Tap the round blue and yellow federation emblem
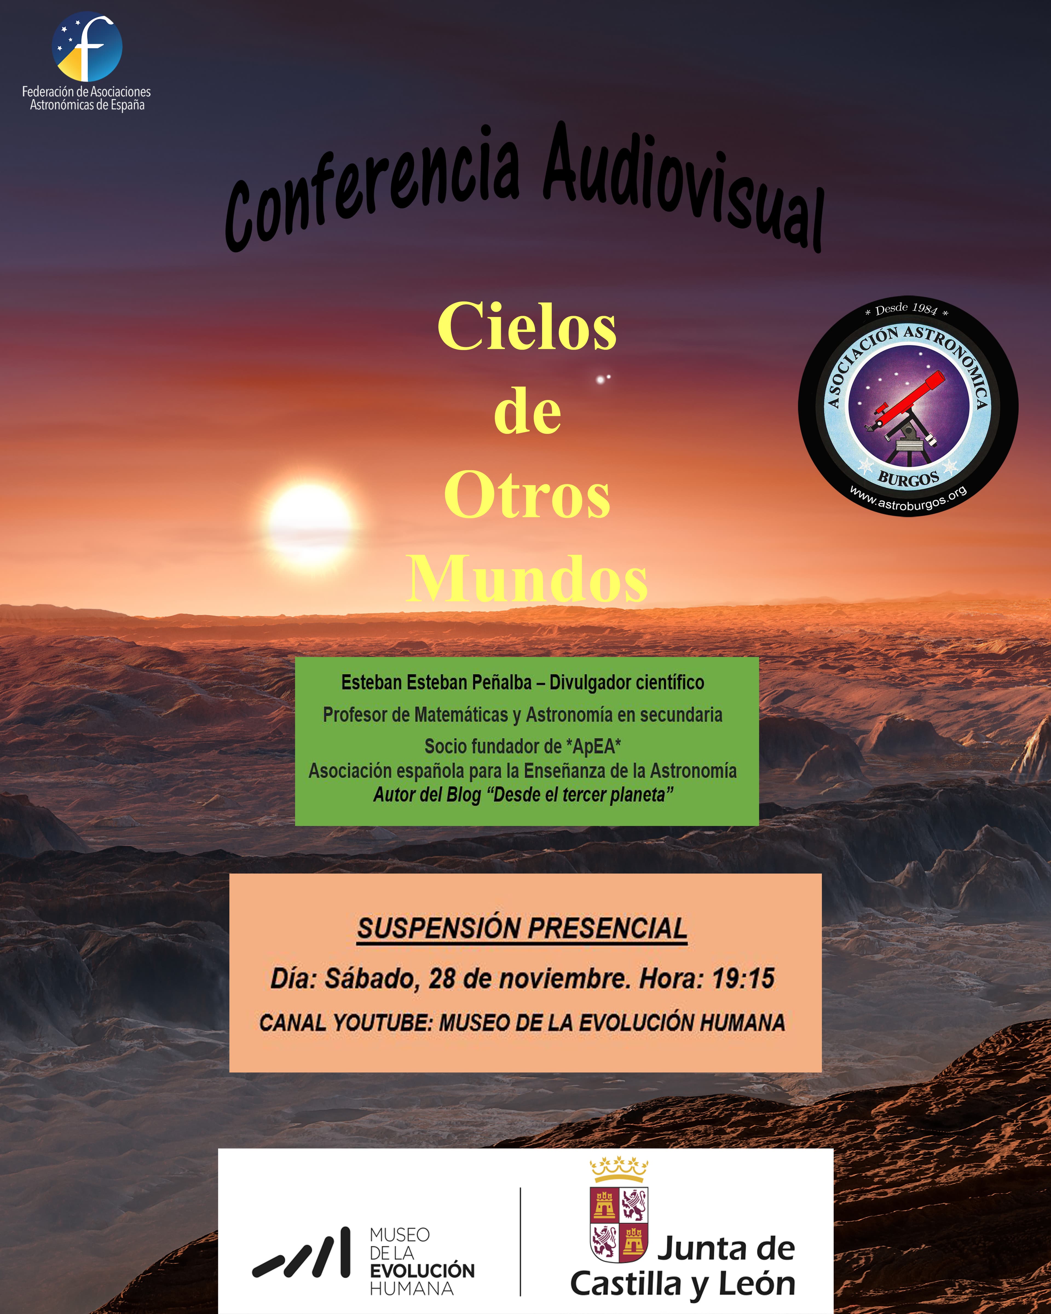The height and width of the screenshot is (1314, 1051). [x=87, y=47]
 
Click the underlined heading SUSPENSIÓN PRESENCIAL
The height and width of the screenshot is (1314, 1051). [x=522, y=929]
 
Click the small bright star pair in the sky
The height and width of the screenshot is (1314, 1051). [x=602, y=379]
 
